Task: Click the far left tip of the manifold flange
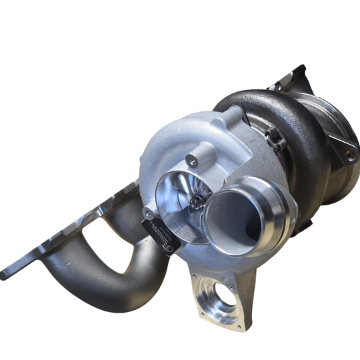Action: [x=5, y=274]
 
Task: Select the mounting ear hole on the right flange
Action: [x=349, y=155]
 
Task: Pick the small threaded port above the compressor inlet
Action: [x=193, y=160]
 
